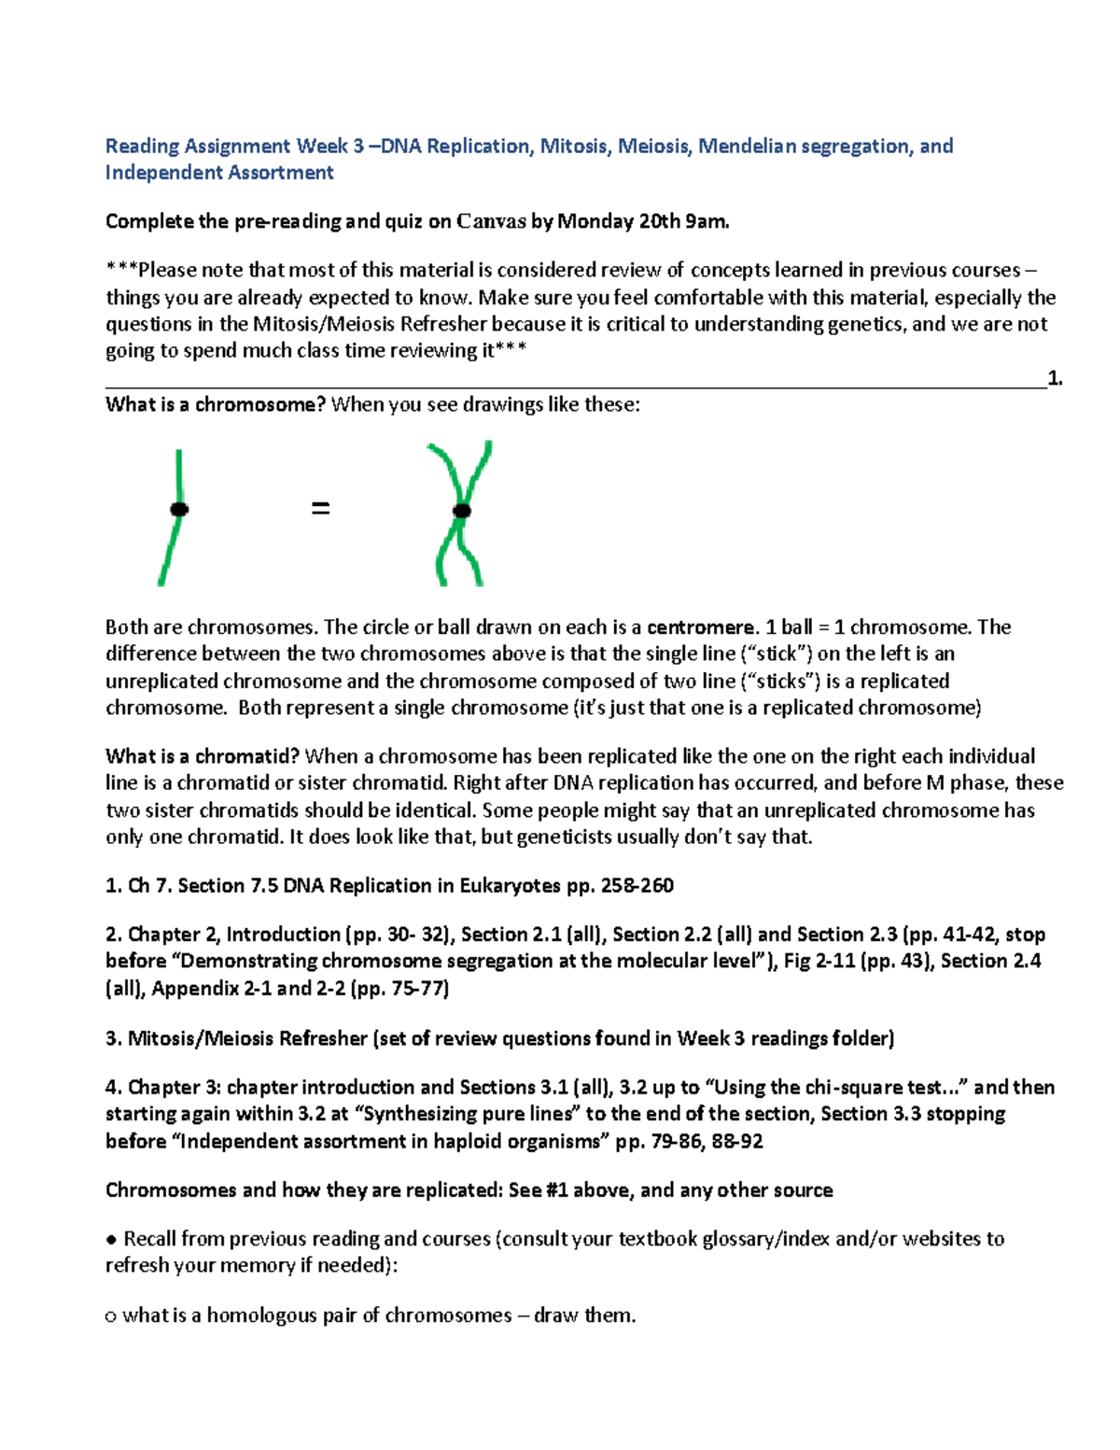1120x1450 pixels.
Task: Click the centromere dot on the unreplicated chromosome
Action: point(179,509)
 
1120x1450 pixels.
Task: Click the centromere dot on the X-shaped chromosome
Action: point(461,511)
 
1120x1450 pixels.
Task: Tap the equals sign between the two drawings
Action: point(320,509)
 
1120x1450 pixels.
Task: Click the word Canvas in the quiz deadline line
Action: point(491,221)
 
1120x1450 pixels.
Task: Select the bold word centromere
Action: point(702,627)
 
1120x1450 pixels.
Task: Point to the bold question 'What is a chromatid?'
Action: point(203,756)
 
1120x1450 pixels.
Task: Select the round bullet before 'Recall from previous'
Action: point(112,1240)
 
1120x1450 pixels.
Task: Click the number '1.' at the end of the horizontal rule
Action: point(1055,378)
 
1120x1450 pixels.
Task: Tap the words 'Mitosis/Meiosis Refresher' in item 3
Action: point(247,1038)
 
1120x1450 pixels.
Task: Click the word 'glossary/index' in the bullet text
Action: point(765,1239)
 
